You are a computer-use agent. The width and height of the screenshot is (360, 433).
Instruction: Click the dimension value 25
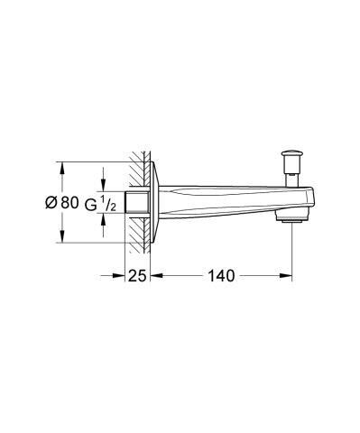coord(136,275)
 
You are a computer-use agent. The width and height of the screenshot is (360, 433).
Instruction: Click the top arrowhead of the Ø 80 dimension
coord(61,167)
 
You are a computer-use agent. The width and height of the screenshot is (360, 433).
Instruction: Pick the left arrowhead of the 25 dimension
coord(125,275)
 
